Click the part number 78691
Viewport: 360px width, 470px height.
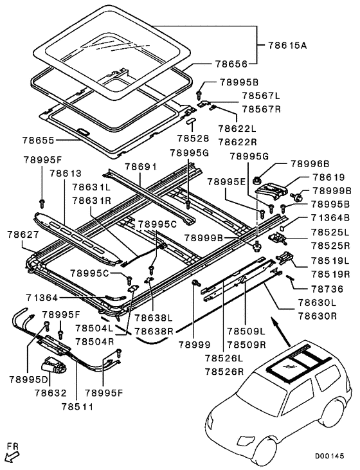click(x=140, y=167)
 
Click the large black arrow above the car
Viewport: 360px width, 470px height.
click(x=279, y=332)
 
